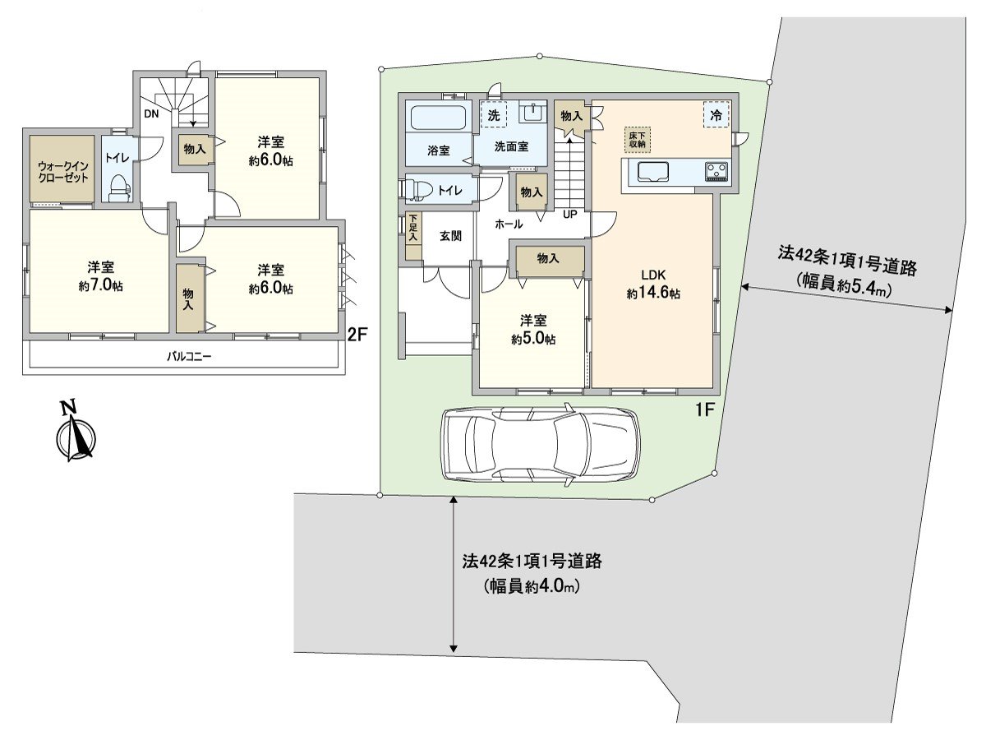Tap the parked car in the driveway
540,444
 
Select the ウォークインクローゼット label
63,171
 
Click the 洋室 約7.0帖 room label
101,276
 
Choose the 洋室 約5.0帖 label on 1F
532,330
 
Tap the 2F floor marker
357,334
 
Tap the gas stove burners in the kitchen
716,172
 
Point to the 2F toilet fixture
120,187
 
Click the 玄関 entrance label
449,236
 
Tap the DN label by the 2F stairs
151,114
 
